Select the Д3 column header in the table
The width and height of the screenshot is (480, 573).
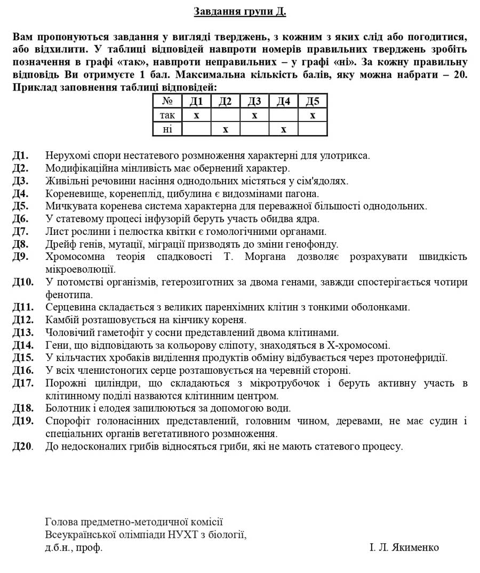254,101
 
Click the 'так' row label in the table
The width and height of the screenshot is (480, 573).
167,115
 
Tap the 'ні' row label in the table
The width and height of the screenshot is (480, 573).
167,129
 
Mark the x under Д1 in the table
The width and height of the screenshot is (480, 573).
196,115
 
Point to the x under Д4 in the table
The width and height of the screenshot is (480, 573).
284,129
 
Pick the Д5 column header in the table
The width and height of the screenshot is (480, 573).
313,101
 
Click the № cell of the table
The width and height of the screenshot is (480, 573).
167,101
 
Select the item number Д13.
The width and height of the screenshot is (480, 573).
23,332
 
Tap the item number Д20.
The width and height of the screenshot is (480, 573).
23,446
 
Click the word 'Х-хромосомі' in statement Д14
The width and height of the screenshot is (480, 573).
362,345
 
